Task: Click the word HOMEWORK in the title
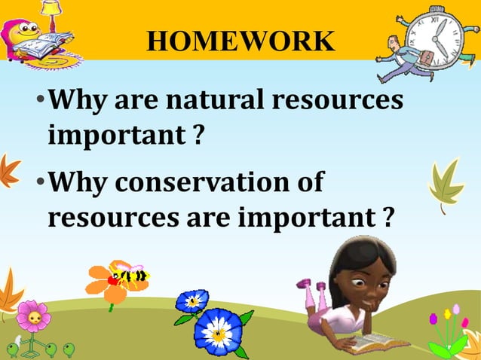click(x=240, y=41)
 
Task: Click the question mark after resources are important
click(x=387, y=218)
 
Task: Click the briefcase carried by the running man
click(x=426, y=59)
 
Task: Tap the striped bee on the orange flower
click(x=131, y=275)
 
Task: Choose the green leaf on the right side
click(x=446, y=183)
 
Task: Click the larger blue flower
click(x=219, y=331)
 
